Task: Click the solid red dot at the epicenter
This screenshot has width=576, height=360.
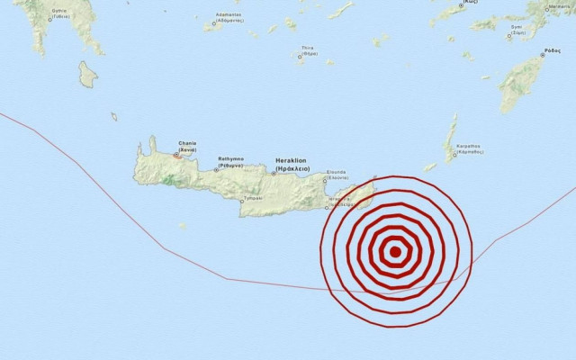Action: [394, 252]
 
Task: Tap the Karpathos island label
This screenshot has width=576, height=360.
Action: [469, 148]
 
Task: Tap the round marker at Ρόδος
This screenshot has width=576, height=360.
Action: [543, 55]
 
